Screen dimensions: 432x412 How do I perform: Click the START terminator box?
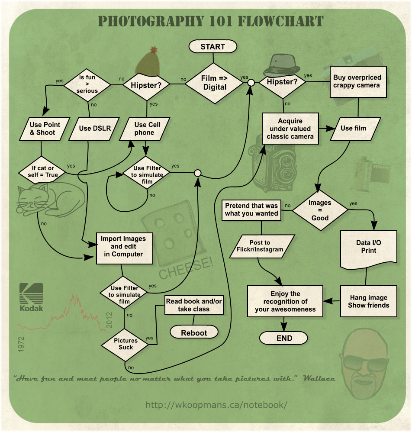pyautogui.click(x=212, y=46)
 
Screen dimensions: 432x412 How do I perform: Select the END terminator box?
pyautogui.click(x=284, y=338)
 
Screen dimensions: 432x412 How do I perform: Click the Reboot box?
pyautogui.click(x=194, y=332)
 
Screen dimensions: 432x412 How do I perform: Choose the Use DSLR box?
pyautogui.click(x=91, y=128)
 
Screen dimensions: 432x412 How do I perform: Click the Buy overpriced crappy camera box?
pyautogui.click(x=357, y=81)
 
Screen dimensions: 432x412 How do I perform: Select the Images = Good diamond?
pyautogui.click(x=320, y=210)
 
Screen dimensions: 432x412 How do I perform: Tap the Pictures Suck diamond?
pyautogui.click(x=126, y=344)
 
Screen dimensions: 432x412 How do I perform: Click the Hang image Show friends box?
pyautogui.click(x=368, y=301)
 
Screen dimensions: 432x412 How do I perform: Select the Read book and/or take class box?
pyautogui.click(x=193, y=305)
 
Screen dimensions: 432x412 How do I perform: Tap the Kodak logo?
pyautogui.click(x=31, y=297)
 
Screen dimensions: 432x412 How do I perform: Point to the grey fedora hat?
pyautogui.click(x=283, y=65)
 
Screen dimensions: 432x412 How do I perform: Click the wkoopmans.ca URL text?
pyautogui.click(x=216, y=405)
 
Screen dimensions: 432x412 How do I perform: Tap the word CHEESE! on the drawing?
pyautogui.click(x=186, y=268)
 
